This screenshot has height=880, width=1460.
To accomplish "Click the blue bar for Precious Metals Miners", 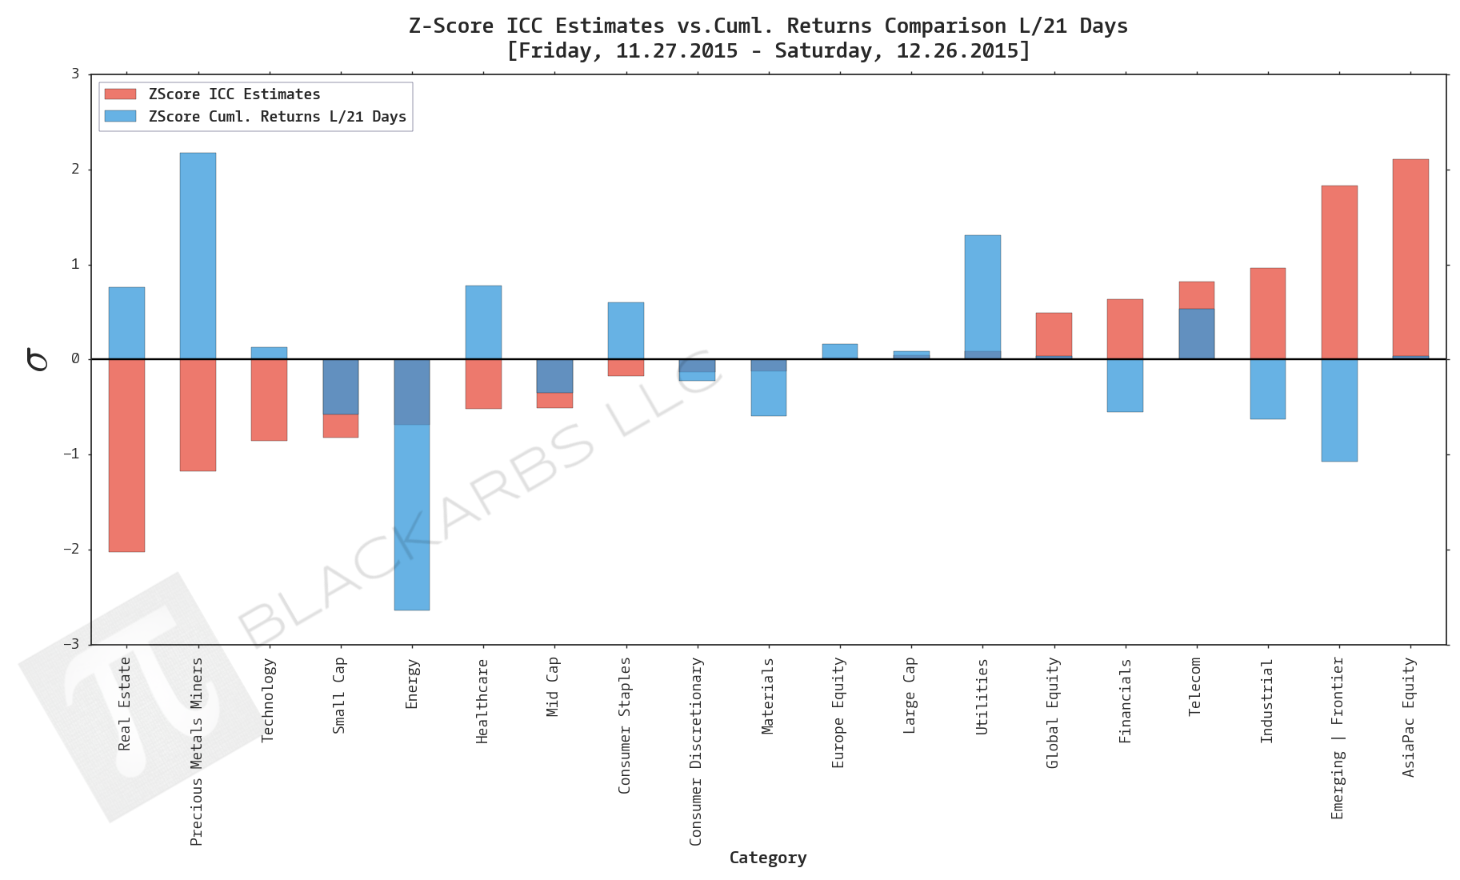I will coord(198,256).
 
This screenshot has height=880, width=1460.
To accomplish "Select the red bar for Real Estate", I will coord(126,456).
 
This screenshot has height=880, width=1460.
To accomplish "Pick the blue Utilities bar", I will coord(982,293).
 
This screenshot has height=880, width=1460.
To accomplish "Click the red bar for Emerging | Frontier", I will coord(1338,272).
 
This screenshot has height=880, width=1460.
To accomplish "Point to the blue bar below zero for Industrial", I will coord(1267,389).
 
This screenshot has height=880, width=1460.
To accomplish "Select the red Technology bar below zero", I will coord(269,400).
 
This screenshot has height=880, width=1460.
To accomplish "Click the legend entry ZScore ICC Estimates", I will coord(234,94).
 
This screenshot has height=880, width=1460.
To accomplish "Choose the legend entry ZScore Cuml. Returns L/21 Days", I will coord(277,117).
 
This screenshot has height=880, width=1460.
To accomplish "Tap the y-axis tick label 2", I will coord(76,169).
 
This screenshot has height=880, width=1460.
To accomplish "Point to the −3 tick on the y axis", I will coord(73,644).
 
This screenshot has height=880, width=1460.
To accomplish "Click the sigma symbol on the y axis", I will coord(37,359).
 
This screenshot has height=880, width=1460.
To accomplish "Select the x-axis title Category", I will coord(767,858).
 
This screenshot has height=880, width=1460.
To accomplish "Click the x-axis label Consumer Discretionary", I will coord(696,750).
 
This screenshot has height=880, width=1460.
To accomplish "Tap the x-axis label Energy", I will coord(412,683).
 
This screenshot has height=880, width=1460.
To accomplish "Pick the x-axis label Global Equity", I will coord(1053,712).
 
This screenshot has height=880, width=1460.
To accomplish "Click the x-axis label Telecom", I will coord(1195,686).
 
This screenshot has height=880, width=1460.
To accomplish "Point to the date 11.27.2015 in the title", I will coord(676,50).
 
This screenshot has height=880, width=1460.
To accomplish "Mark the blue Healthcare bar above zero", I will coord(483,322).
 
